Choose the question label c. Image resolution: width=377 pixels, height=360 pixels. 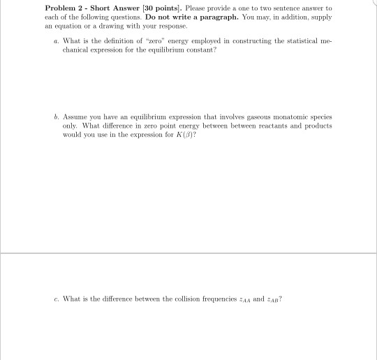pos(56,299)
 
